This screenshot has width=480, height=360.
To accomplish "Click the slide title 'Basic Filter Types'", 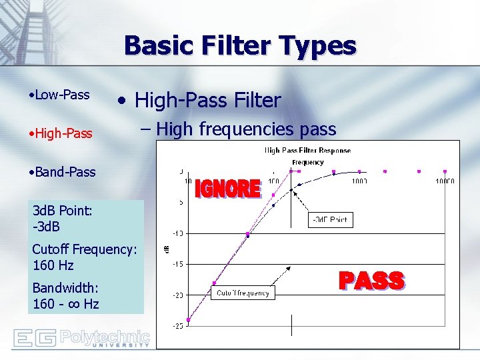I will tap(240, 46).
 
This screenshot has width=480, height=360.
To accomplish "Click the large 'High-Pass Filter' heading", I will tap(198, 101).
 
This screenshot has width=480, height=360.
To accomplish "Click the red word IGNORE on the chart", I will tap(227, 189).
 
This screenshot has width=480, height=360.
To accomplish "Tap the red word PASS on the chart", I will tap(371, 281).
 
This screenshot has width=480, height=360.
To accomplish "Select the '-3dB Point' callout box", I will tap(329, 219).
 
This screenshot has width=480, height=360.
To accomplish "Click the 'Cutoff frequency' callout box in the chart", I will tap(243, 293).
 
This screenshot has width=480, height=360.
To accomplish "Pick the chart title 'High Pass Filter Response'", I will tap(307, 150).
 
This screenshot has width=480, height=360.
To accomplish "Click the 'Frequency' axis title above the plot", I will tap(307, 162).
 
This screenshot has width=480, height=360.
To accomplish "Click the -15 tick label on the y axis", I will tap(179, 264).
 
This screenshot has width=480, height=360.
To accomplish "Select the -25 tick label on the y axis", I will tap(179, 325).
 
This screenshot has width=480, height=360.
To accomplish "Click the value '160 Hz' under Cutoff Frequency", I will tap(53, 265).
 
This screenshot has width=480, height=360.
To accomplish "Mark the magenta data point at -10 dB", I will tap(248, 234).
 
